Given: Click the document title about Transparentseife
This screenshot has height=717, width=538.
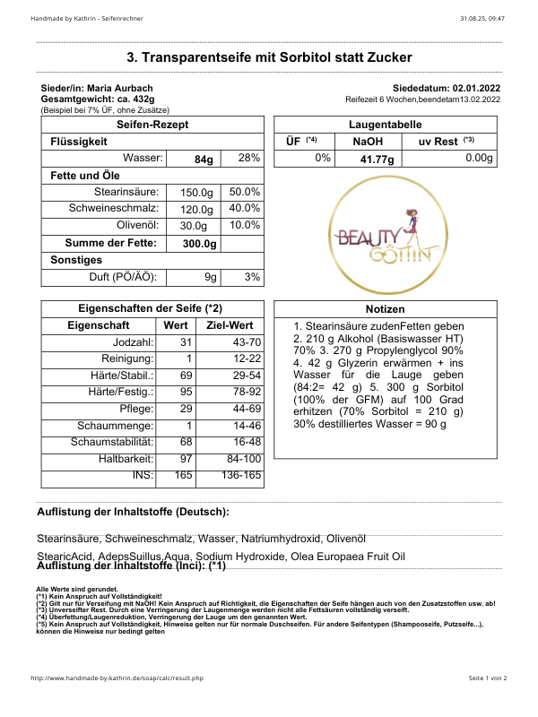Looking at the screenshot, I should (269, 57).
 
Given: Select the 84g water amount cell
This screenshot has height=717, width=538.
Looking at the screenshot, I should (204, 159).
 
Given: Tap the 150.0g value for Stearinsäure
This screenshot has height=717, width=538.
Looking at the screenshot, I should (196, 193).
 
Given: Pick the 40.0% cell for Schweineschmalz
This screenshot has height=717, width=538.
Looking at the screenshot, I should (244, 209).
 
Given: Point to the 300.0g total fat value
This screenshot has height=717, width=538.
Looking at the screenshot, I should (199, 244).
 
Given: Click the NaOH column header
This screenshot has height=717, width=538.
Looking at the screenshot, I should (369, 142).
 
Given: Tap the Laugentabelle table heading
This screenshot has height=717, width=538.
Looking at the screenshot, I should (386, 125).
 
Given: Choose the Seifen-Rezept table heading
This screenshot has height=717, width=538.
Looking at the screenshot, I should (152, 125).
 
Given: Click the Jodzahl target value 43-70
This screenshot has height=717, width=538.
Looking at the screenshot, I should (243, 342).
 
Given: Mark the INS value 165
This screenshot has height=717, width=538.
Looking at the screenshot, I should (183, 474).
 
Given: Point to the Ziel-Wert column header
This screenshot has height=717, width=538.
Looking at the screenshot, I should (230, 325).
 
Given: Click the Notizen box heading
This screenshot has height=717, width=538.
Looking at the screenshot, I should (386, 309).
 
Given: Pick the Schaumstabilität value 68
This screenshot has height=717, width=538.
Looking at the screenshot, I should (186, 442).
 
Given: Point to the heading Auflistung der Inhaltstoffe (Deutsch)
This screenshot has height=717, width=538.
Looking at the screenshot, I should (133, 512).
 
